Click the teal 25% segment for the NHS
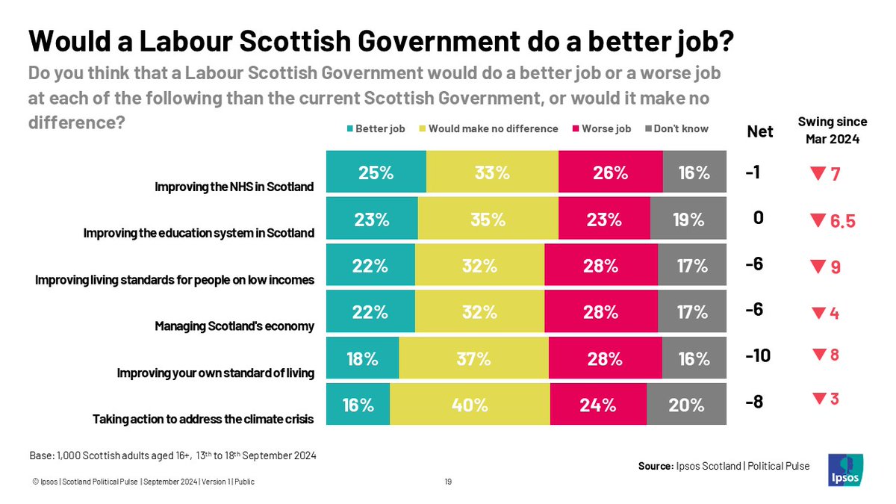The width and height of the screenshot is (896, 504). tap(376, 172)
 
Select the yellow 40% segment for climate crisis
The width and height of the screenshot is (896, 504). tap(470, 405)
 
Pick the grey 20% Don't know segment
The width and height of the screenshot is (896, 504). tap(686, 405)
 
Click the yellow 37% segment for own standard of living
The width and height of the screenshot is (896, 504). tap(473, 358)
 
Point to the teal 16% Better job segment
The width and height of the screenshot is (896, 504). tap(358, 405)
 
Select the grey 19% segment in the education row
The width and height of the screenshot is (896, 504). tap(688, 220)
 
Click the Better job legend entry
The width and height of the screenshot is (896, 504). tap(375, 128)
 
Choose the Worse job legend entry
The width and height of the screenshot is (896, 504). tap(601, 128)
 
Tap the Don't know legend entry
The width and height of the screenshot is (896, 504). tap(676, 128)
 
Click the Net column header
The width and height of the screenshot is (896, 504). tap(760, 132)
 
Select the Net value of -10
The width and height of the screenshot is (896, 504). tap(757, 356)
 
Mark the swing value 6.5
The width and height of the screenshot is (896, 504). tap(842, 222)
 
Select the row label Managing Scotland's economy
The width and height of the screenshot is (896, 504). tap(234, 326)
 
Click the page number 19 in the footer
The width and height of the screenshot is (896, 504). tap(448, 482)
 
